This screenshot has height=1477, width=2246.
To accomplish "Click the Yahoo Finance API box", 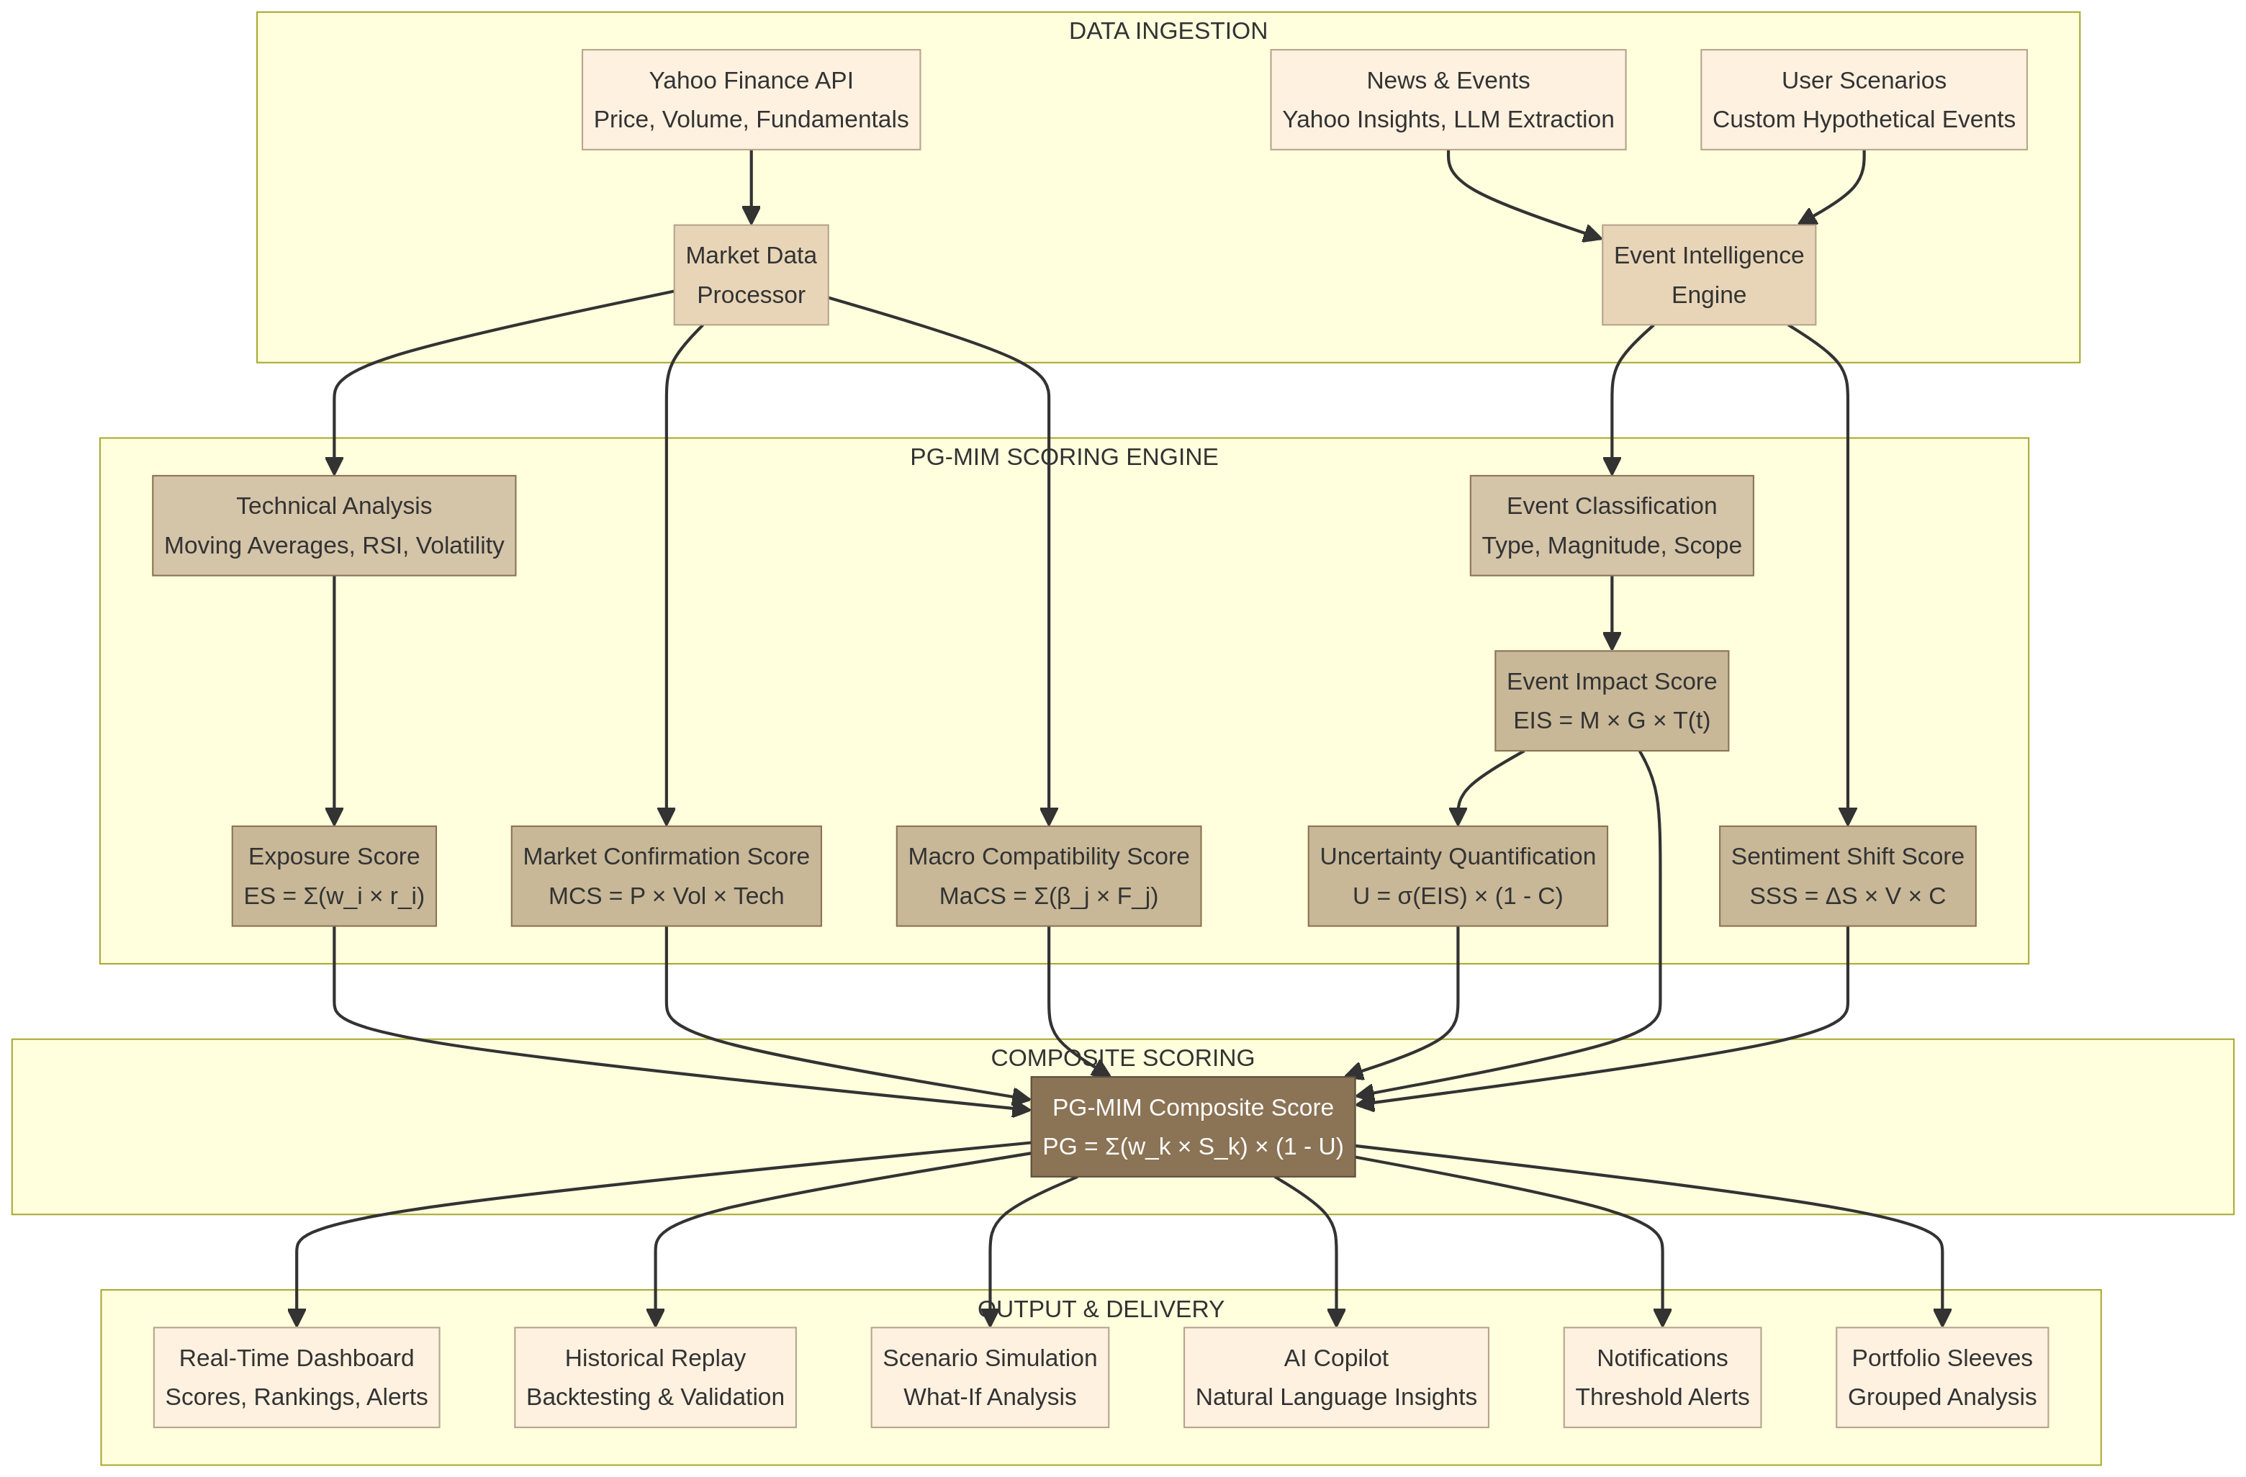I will [750, 99].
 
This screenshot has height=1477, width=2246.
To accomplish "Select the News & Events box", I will [1448, 99].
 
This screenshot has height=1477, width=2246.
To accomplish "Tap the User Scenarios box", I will [1863, 99].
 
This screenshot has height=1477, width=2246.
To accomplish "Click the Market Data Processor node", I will [750, 275].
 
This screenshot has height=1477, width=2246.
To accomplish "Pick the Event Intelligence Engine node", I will [1708, 275].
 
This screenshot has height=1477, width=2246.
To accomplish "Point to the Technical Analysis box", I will [334, 525].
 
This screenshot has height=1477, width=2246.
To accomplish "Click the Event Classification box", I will [1611, 525].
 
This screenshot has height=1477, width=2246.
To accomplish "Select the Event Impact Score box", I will [1611, 700].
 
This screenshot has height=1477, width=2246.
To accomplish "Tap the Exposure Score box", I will [334, 876].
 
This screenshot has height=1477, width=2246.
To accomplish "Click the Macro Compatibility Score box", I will [1047, 876].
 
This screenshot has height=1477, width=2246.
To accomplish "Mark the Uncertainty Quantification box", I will [1457, 876].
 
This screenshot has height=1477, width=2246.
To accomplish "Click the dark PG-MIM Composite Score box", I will [1192, 1127].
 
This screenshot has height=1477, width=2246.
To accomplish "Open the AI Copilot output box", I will [1335, 1377].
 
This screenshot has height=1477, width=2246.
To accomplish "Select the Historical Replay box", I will [655, 1377].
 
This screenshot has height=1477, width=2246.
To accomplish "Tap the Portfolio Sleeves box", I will [1941, 1377].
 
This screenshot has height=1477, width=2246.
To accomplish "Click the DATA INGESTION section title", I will [1168, 31].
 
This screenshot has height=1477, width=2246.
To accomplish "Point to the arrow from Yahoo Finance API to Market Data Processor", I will [751, 187].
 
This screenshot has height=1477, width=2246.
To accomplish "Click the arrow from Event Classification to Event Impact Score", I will [1611, 613].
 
